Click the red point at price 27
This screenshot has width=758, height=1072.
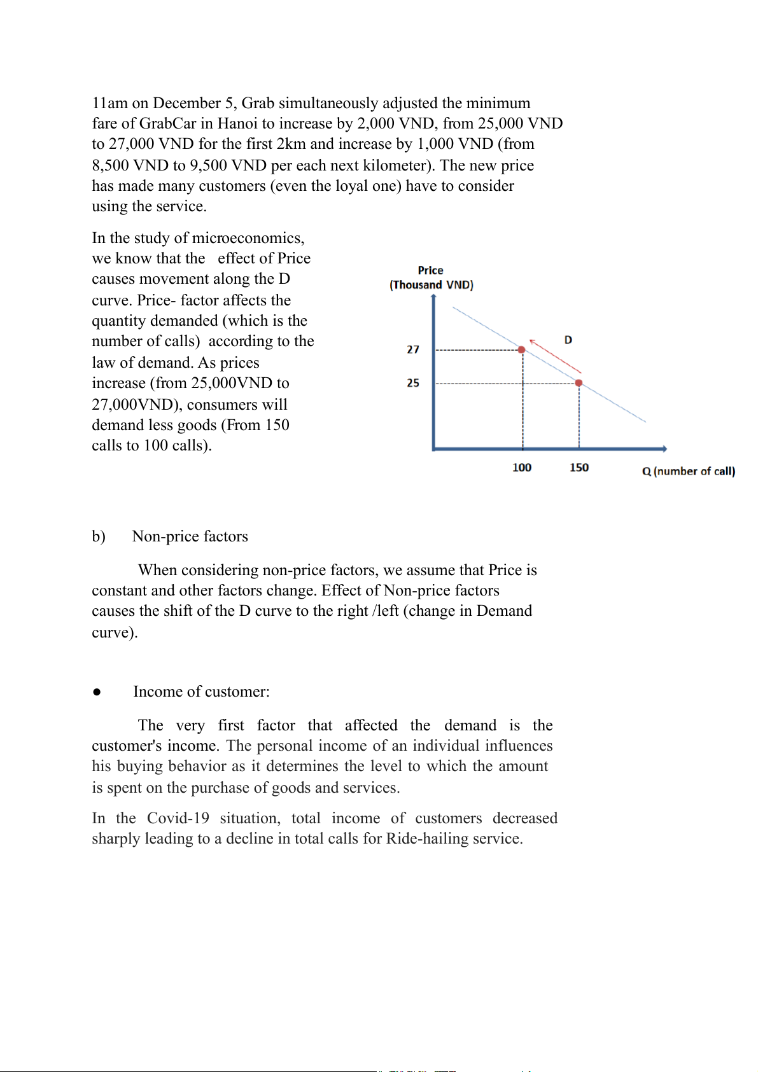521,350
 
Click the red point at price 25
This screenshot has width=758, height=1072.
579,383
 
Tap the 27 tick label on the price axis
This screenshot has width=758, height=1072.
413,349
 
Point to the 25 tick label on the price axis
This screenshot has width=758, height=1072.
413,383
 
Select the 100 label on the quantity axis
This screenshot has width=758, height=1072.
522,468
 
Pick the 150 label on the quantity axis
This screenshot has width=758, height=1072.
579,468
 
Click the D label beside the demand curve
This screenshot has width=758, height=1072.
568,340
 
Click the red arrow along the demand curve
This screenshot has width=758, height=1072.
555,356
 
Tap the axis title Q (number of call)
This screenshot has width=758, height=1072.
689,471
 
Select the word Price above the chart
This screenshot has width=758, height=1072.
431,270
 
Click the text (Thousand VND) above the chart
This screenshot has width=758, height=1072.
432,285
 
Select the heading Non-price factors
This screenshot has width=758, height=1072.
190,536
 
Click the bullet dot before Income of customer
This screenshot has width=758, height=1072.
97,692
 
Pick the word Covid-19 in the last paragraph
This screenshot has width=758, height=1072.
178,818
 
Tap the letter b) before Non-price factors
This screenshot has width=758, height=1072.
99,536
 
